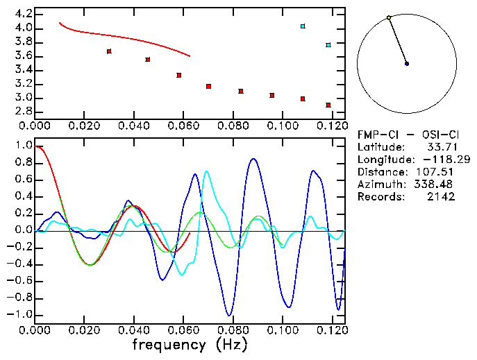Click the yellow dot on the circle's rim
click(x=389, y=17)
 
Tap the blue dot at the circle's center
click(x=407, y=64)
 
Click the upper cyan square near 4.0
click(x=303, y=26)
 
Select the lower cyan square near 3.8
click(x=328, y=45)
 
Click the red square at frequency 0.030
click(x=109, y=51)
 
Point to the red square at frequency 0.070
click(x=208, y=86)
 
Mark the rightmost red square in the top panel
click(x=328, y=105)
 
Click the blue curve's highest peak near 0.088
click(x=253, y=159)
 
